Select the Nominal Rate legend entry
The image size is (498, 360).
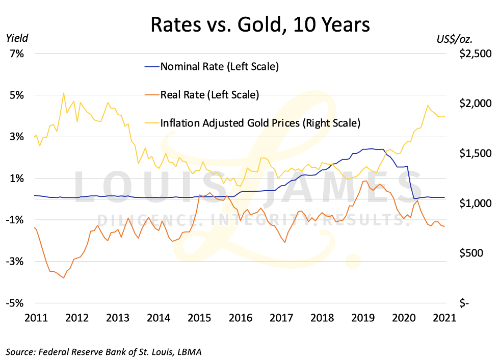[219, 66]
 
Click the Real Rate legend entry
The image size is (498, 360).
[209, 94]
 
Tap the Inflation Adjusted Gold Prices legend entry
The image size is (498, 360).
[260, 123]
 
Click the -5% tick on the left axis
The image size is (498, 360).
[15, 303]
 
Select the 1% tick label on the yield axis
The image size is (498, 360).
[16, 178]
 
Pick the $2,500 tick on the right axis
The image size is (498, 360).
[474, 54]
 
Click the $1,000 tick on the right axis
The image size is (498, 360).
[474, 203]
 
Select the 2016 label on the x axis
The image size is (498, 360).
[240, 318]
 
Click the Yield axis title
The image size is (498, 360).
[17, 38]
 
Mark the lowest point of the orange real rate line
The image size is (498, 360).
[63, 278]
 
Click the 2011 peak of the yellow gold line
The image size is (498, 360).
[63, 93]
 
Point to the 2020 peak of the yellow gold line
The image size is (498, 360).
[427, 106]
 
